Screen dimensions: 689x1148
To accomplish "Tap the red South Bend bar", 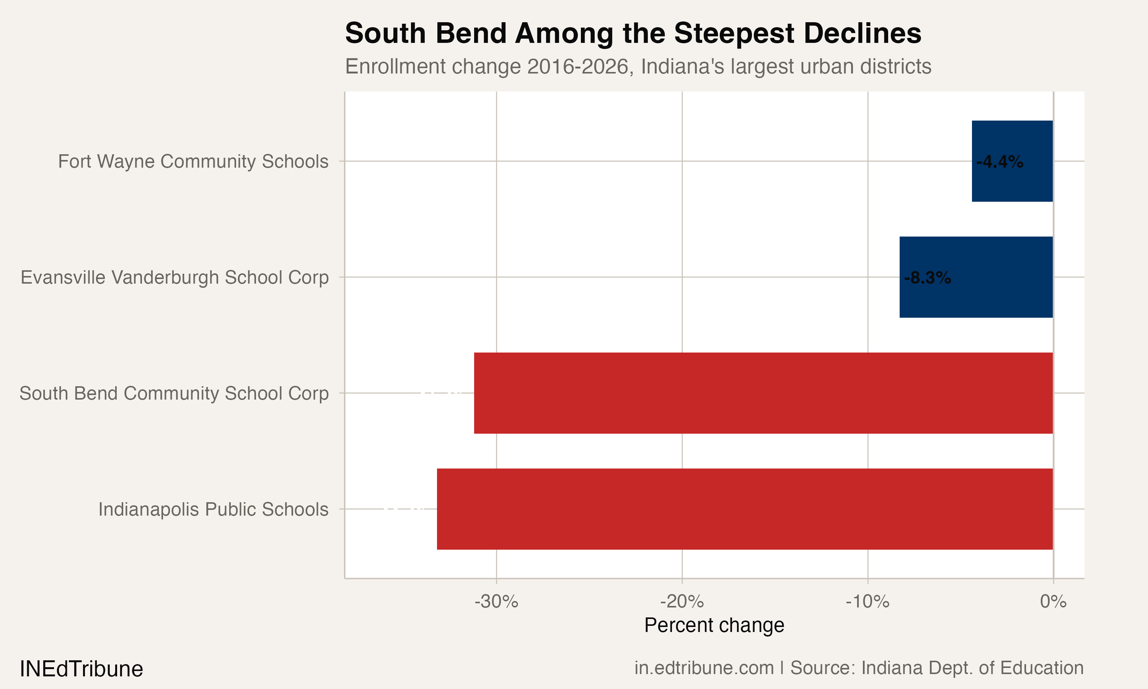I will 763,393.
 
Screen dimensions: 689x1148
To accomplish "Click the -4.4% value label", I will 1000,162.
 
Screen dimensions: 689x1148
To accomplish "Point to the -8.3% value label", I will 927,278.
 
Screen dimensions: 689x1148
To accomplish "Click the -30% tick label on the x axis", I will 496,602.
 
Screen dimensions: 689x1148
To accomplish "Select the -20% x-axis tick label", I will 682,602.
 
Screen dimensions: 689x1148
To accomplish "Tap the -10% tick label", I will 867,602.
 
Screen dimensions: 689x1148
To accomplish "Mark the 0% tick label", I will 1053,602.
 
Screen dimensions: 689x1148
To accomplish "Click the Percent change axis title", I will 714,625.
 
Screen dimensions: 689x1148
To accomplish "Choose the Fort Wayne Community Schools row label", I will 193,162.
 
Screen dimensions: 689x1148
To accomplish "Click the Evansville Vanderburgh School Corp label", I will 174,277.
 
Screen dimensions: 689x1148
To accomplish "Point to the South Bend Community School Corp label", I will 174,393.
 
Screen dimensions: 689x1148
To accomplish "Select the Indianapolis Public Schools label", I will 213,509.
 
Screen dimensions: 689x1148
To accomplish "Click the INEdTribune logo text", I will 81,669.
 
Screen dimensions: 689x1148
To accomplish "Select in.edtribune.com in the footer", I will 704,668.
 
